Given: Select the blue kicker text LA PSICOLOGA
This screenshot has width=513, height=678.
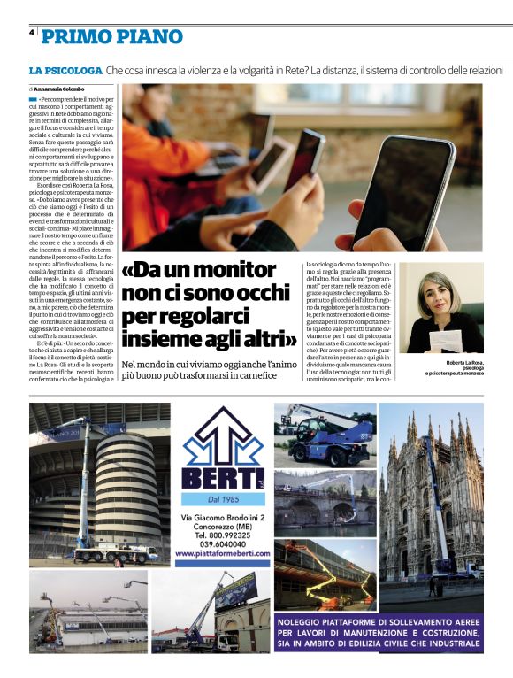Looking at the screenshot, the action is tap(65, 69).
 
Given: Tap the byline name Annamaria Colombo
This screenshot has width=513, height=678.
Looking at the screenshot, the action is tap(59, 89).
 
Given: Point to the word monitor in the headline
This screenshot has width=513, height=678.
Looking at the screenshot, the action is tap(232, 271).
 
